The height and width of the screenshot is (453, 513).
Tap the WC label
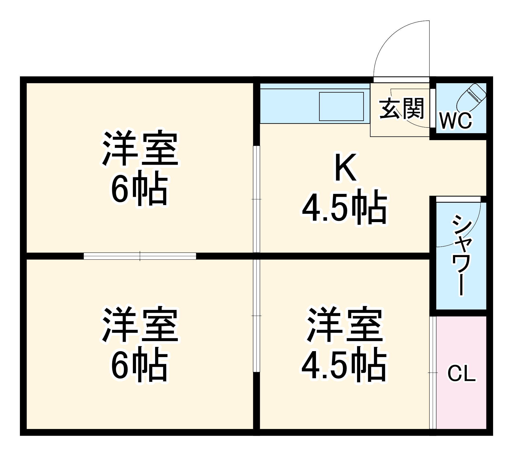click(456, 121)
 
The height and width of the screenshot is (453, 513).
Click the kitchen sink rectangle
click(341, 107)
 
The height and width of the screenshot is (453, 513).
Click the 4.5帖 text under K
click(345, 207)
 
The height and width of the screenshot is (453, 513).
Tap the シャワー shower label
click(461, 255)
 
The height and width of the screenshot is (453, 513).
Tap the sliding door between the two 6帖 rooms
click(140, 256)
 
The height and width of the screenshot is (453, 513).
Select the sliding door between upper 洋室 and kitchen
click(256, 199)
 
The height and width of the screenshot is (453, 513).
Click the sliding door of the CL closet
click(433, 372)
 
